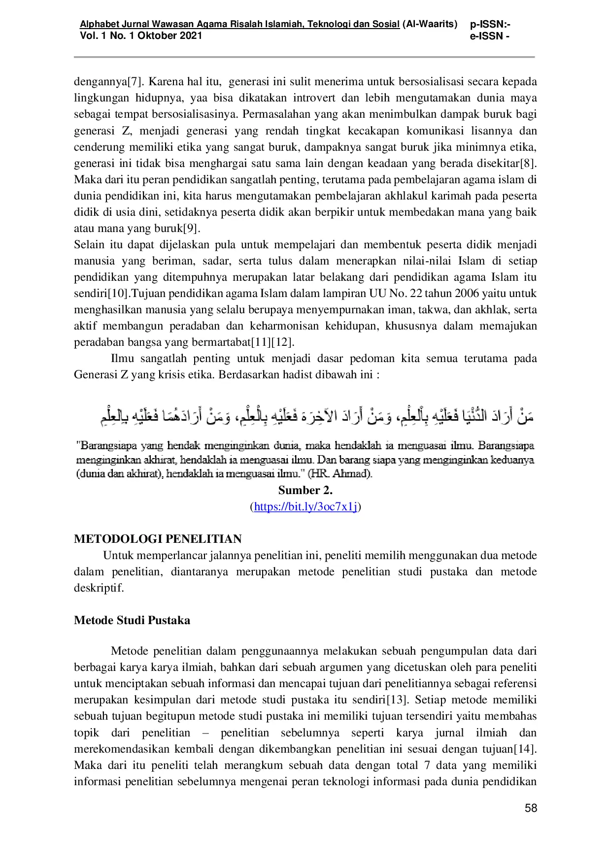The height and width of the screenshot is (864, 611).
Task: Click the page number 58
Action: (531, 808)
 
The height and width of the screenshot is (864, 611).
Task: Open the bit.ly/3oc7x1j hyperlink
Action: (305, 506)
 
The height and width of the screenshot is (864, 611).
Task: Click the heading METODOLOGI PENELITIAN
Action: (158, 538)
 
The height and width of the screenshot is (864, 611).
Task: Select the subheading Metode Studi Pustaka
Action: (132, 620)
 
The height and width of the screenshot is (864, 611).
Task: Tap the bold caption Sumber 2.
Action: (305, 490)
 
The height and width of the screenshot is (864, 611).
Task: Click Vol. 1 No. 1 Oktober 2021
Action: (141, 35)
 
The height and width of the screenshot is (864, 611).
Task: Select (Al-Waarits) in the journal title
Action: (430, 24)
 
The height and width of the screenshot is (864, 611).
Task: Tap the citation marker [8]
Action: (528, 163)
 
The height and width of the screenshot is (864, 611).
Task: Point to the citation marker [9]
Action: (191, 229)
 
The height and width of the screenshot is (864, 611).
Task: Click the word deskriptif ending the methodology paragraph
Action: (99, 588)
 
